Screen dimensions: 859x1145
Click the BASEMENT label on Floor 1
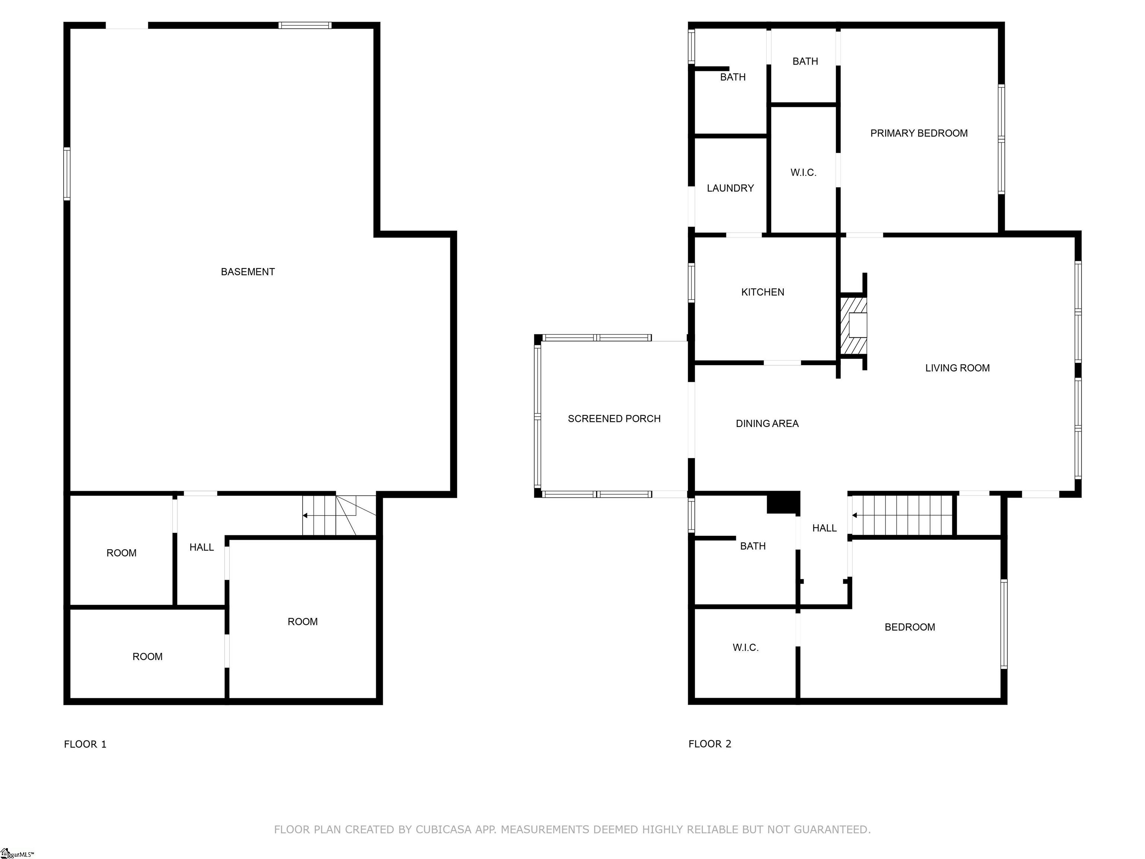tap(247, 272)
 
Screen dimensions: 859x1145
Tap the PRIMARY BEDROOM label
tap(919, 133)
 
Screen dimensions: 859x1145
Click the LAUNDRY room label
tap(730, 188)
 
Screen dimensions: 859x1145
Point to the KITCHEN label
tap(763, 292)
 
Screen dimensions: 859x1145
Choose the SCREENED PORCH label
tap(614, 418)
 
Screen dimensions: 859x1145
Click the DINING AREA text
tap(767, 424)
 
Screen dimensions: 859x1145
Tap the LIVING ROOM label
tap(957, 368)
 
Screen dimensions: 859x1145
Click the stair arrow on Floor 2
tap(855, 515)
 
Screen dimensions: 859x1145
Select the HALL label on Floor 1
tap(201, 547)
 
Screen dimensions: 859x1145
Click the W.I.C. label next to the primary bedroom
tap(803, 172)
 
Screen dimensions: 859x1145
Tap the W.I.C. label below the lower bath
tap(745, 647)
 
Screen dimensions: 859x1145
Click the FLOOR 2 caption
tap(710, 744)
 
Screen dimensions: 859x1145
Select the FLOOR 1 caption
tap(85, 744)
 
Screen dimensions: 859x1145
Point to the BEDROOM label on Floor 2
tap(909, 627)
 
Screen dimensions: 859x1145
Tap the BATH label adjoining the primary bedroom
tap(805, 61)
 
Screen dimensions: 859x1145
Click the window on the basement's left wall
tap(67, 173)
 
